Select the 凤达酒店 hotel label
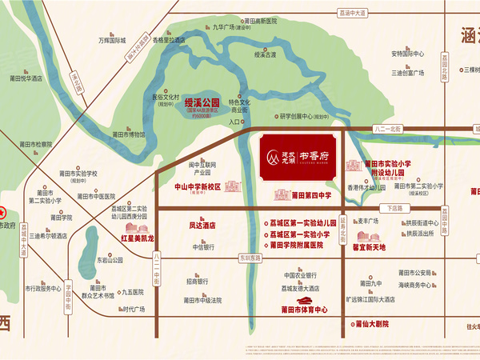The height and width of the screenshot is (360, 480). pyautogui.click(x=202, y=226)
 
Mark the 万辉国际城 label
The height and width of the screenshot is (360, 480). pyautogui.click(x=112, y=38)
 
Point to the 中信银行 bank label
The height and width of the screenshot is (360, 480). pyautogui.click(x=204, y=247)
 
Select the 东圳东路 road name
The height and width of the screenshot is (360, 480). pyautogui.click(x=250, y=258)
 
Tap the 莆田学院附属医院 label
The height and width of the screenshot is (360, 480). pyautogui.click(x=295, y=246)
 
